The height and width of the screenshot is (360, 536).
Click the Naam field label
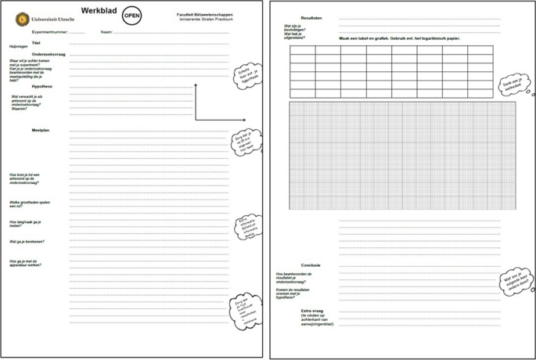pos(106,32)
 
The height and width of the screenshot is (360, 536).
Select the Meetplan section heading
pos(41,129)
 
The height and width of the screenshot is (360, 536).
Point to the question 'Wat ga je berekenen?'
pos(27,241)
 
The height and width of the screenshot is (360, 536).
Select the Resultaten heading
pos(311,17)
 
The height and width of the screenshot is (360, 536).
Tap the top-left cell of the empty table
pos(302,51)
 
